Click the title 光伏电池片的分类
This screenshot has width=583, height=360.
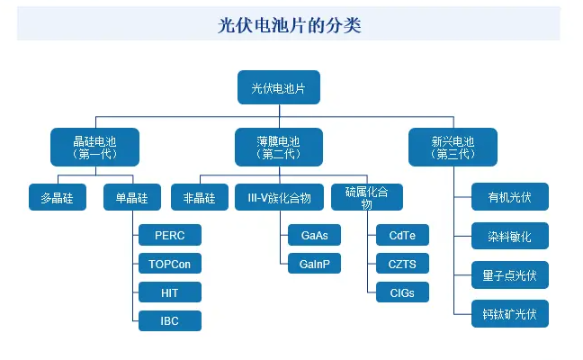point(289,25)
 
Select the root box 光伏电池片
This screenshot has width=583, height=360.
point(279,87)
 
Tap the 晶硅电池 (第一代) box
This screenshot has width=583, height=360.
point(94,147)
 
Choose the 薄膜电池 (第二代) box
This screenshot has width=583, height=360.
point(279,147)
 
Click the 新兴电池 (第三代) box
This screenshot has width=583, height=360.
point(453,147)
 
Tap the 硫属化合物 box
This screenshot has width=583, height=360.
point(366,197)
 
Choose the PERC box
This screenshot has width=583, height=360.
point(169,236)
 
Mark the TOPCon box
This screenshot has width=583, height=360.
point(169,264)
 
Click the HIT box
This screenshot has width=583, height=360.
point(169,292)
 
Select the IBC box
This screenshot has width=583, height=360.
point(169,320)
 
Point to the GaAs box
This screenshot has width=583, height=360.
point(314,236)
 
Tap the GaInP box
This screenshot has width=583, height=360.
point(314,264)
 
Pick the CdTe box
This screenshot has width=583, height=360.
point(402,236)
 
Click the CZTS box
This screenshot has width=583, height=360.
point(402,264)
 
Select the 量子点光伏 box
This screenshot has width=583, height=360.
point(510,274)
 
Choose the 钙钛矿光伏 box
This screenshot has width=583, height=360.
point(510,313)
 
